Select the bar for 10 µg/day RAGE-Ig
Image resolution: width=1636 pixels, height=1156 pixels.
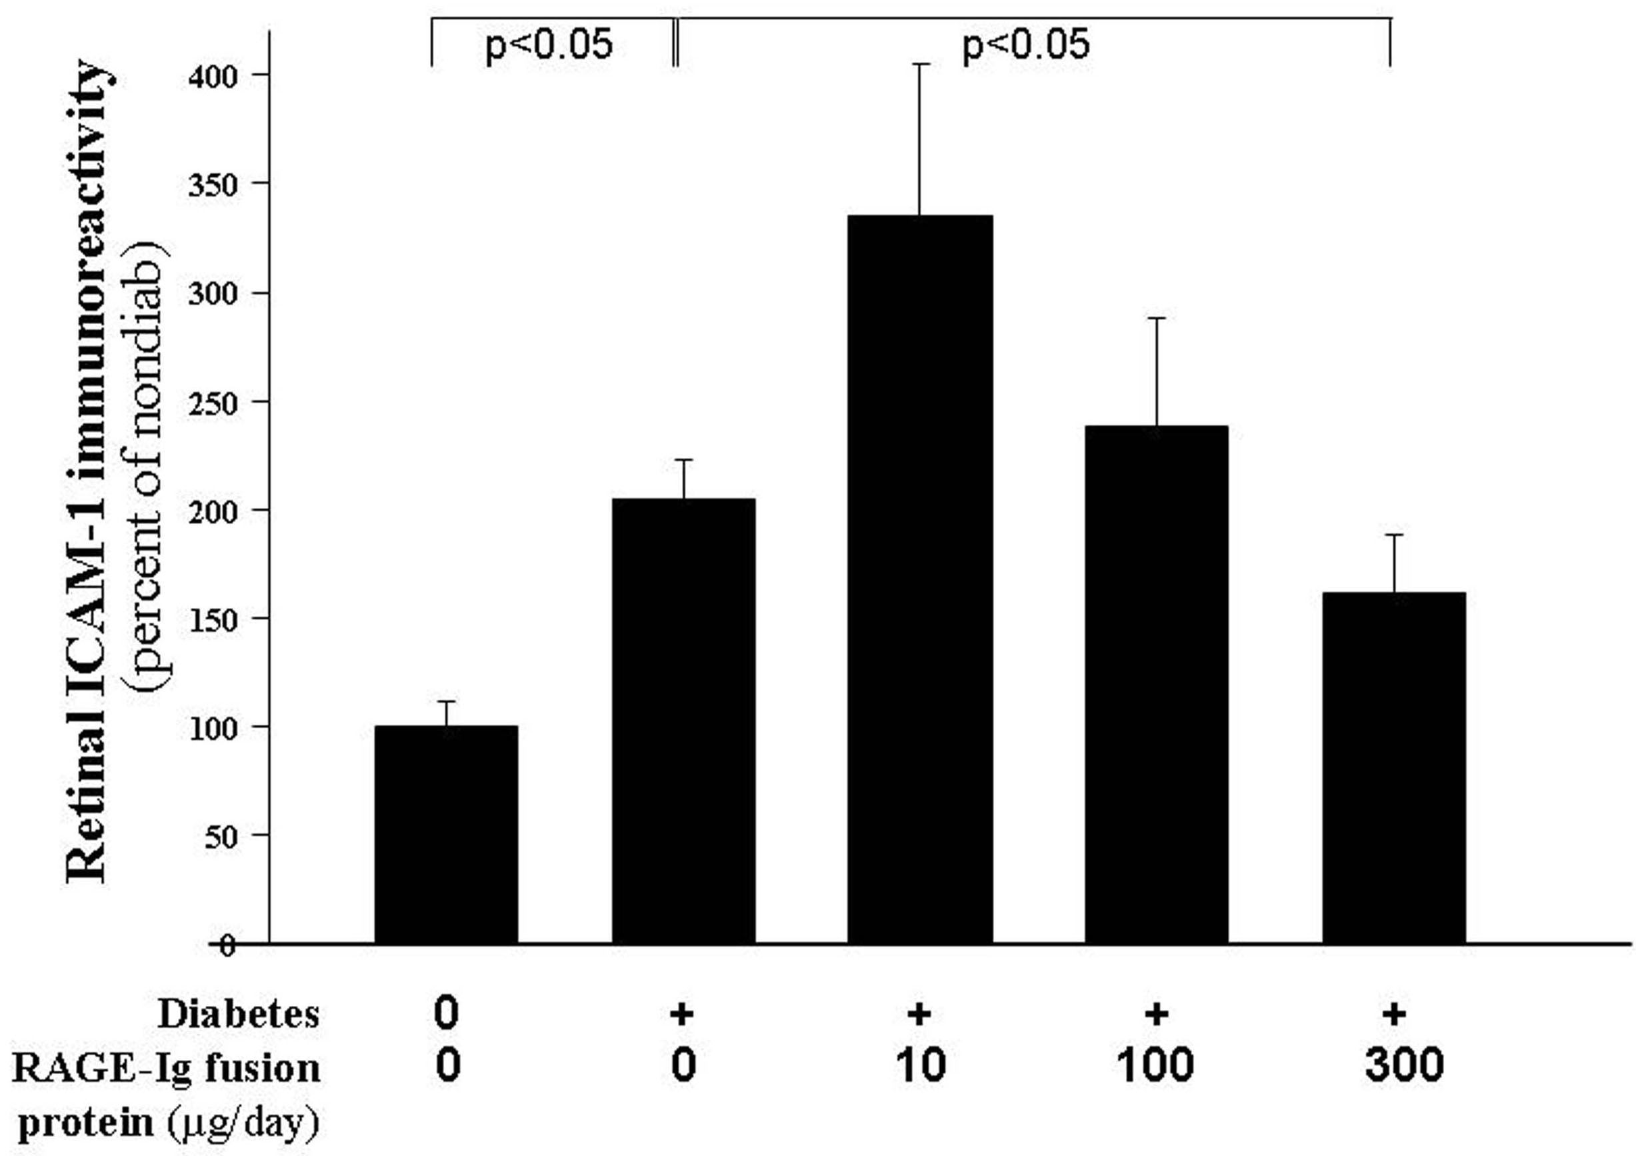point(919,579)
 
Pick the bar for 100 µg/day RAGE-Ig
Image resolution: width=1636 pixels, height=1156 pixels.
point(1156,684)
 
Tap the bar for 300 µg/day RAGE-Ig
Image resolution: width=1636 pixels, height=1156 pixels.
point(1394,767)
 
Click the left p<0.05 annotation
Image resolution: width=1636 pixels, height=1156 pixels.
point(548,45)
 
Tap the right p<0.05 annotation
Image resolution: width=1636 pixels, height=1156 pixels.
point(1025,45)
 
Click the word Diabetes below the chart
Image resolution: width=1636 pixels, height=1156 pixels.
point(238,1013)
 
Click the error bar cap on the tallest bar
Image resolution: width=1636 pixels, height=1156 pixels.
point(919,65)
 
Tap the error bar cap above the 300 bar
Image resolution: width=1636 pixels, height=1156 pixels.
point(1394,535)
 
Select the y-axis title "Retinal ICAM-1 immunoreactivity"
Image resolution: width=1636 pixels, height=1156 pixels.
point(89,471)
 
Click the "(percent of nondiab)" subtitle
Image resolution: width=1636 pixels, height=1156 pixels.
point(151,471)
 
